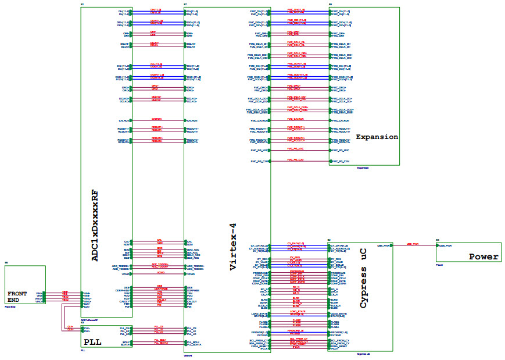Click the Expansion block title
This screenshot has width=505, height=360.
[377, 137]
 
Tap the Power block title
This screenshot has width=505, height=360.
[483, 256]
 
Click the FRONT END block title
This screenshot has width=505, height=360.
[17, 297]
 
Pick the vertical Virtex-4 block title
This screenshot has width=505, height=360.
[233, 247]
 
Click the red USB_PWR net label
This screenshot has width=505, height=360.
[412, 244]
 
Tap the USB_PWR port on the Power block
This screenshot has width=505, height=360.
[445, 245]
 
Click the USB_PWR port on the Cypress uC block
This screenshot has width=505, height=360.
[384, 245]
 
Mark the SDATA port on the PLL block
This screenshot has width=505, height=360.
[126, 344]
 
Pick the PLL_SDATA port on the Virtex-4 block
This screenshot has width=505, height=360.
[194, 344]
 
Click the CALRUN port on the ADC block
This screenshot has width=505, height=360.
[124, 120]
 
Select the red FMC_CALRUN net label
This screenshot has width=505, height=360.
[295, 119]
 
